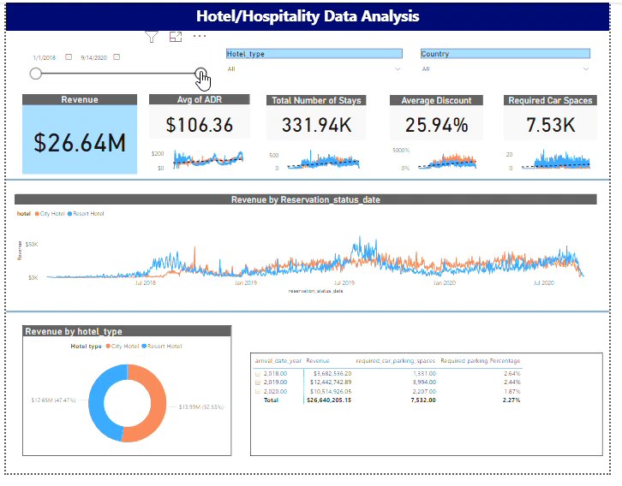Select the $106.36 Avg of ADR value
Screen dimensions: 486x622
point(199,125)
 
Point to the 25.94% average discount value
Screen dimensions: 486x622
point(436,125)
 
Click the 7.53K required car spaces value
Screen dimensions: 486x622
point(550,125)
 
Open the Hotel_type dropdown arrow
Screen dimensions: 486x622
point(398,68)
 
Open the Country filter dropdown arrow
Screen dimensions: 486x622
point(586,68)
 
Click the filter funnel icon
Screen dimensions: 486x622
point(152,36)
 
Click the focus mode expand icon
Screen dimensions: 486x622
point(176,36)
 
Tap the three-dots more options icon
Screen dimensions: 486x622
point(200,36)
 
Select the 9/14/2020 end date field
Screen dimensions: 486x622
point(94,57)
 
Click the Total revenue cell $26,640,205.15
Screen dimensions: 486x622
point(329,399)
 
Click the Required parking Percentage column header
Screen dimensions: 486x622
point(480,361)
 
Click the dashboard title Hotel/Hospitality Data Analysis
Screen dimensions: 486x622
point(308,15)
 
